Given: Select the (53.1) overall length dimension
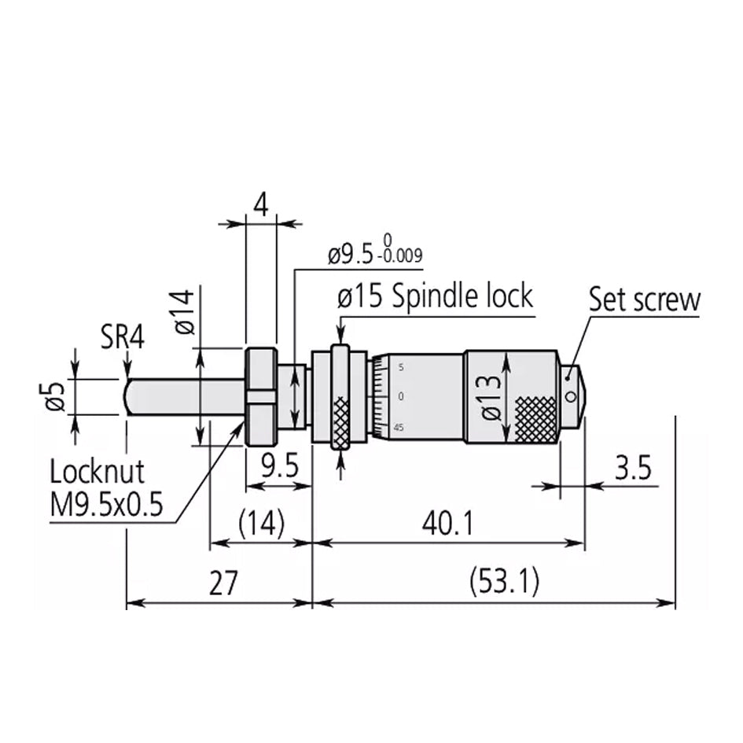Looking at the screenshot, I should [x=503, y=583].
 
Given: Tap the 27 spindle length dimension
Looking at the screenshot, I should [x=223, y=583].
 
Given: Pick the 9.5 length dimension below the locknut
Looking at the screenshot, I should [x=280, y=468].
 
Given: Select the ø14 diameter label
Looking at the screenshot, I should [x=182, y=313].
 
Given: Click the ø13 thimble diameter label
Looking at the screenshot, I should [x=489, y=397].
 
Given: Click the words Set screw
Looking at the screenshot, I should [x=644, y=300].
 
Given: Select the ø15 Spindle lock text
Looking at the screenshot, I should [x=435, y=297].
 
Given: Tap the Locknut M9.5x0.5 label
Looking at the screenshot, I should [x=106, y=488].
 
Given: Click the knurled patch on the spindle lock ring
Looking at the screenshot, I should [x=340, y=422].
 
